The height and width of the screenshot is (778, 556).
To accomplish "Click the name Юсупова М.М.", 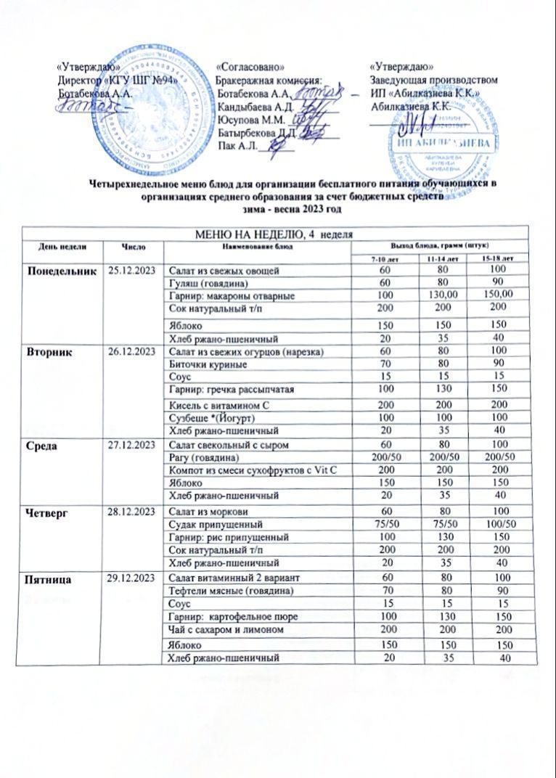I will coord(247,118).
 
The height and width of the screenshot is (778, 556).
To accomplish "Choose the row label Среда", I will coord(44,443).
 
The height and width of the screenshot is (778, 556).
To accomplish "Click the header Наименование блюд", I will coord(251,247).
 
